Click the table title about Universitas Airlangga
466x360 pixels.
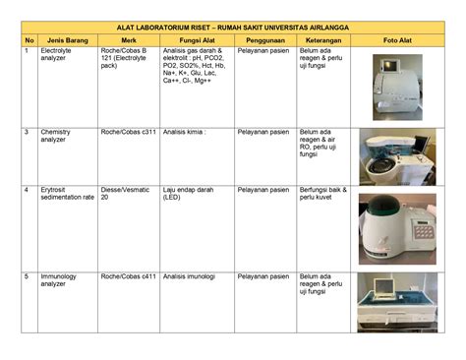point(232,28)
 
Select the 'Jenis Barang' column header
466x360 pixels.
point(64,39)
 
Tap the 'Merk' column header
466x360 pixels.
point(128,39)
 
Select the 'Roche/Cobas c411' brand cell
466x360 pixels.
point(128,276)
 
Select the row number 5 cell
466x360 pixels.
point(28,276)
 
